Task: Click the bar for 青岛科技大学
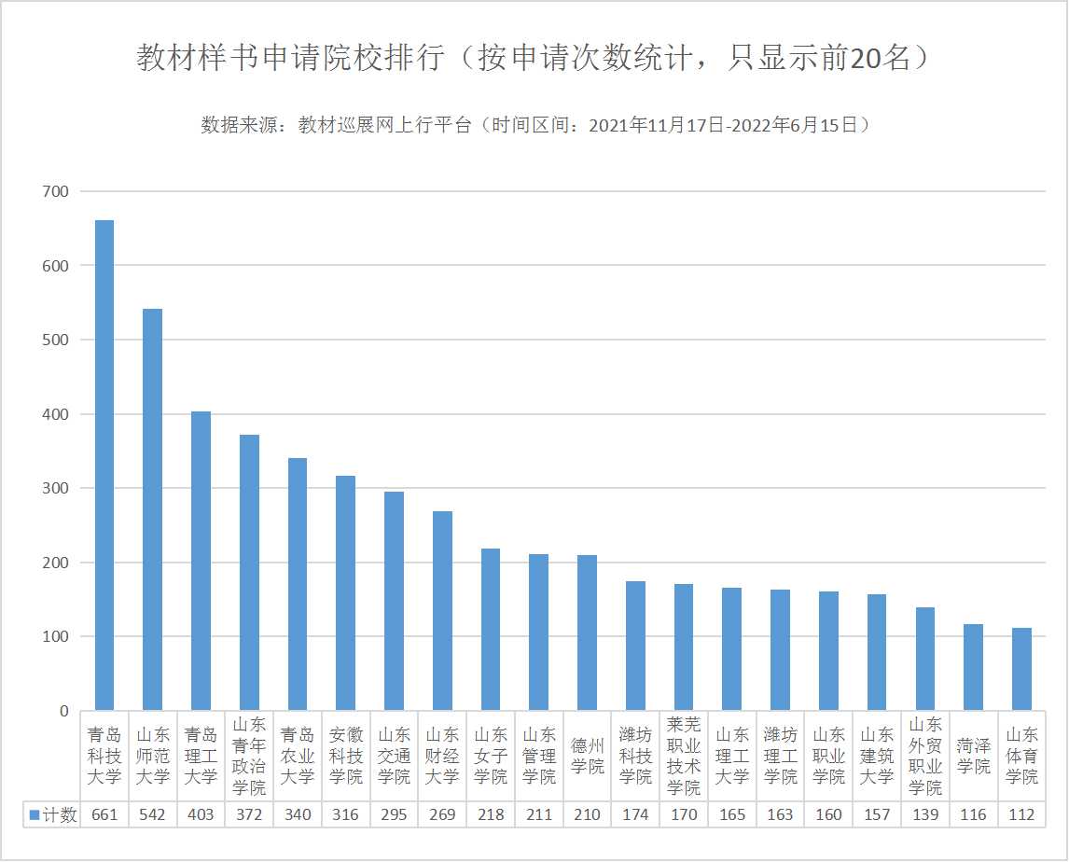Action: click(x=104, y=466)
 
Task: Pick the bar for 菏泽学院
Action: click(x=973, y=667)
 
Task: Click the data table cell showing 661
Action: click(x=104, y=814)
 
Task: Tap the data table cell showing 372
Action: click(x=249, y=814)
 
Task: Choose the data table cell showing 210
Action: click(x=587, y=814)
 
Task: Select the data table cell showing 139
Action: click(x=924, y=814)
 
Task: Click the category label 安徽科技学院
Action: click(x=345, y=755)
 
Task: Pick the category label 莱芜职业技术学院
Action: click(x=684, y=755)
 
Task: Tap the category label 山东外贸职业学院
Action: click(x=924, y=755)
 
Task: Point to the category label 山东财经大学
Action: click(x=442, y=755)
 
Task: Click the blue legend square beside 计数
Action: click(x=35, y=814)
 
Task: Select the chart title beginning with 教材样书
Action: click(x=534, y=58)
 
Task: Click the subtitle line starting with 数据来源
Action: click(x=534, y=125)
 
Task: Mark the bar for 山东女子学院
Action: click(x=491, y=630)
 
